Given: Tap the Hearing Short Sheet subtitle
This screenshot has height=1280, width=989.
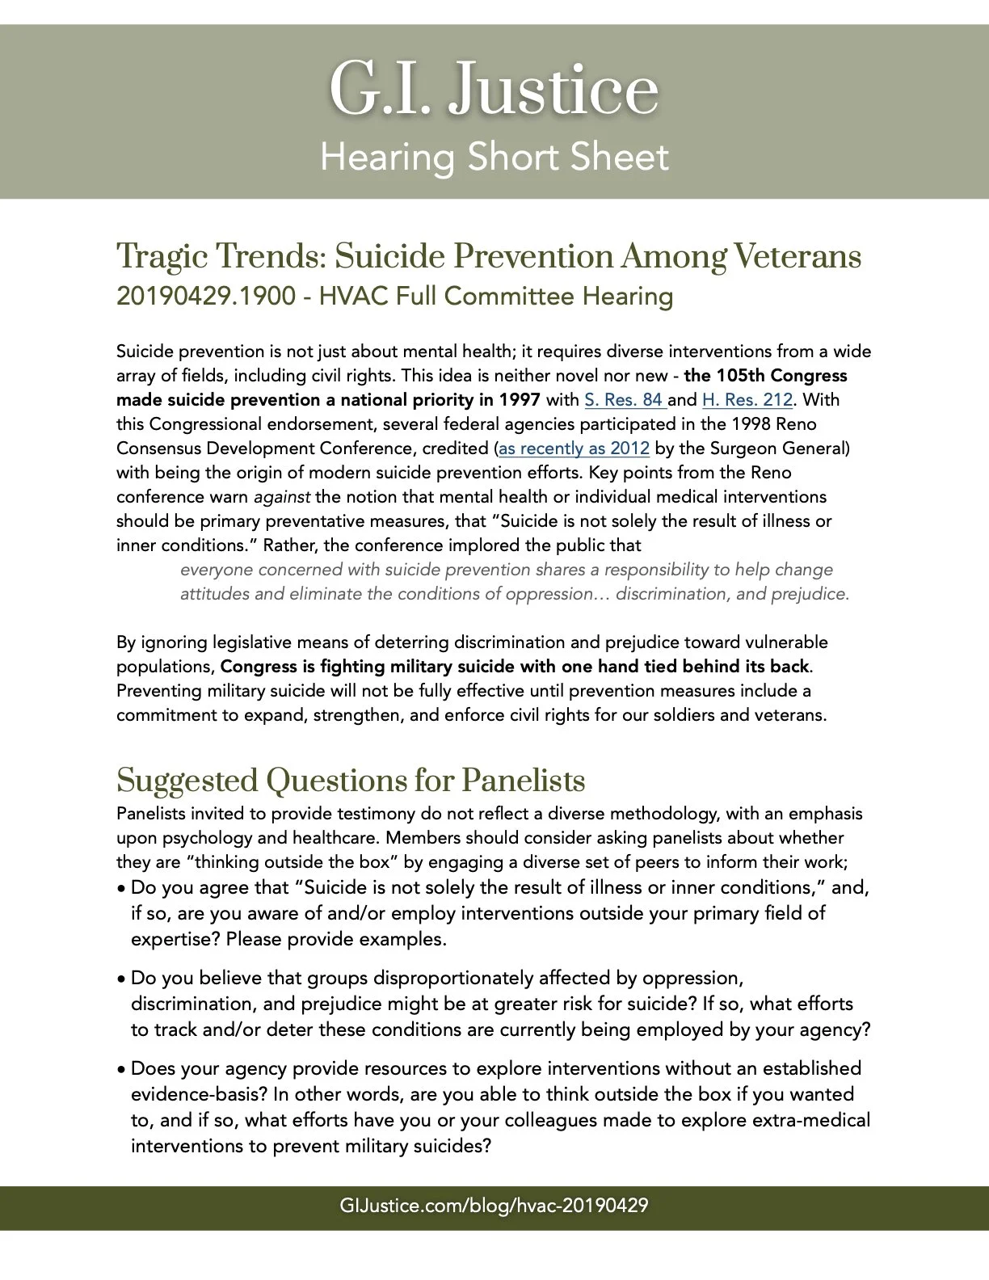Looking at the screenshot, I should coord(494,157).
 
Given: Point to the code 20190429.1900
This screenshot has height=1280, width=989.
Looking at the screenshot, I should coord(205,297).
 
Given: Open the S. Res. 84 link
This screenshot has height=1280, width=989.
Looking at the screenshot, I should coord(624,400).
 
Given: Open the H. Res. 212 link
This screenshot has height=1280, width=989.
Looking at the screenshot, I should coord(747,400).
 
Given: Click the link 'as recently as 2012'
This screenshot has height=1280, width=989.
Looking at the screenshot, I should coord(574,448).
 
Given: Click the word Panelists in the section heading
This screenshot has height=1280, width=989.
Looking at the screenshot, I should coord(523,781).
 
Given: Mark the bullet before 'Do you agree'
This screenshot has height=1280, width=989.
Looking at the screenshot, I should coord(121,889).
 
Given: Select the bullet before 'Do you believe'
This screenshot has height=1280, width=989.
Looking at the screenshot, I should coord(121,979).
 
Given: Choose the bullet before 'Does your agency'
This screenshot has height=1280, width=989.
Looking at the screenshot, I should coord(121,1070).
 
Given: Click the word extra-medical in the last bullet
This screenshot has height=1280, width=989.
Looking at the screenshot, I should coord(810,1121).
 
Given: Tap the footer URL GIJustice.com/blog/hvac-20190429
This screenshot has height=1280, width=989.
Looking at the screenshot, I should coord(494,1206).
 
